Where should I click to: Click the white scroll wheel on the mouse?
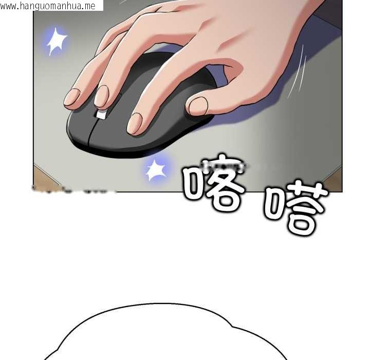tap(101, 114)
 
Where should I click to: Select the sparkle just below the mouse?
tap(156, 169)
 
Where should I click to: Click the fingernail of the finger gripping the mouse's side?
tap(198, 105)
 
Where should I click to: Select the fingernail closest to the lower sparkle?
tap(135, 124)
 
